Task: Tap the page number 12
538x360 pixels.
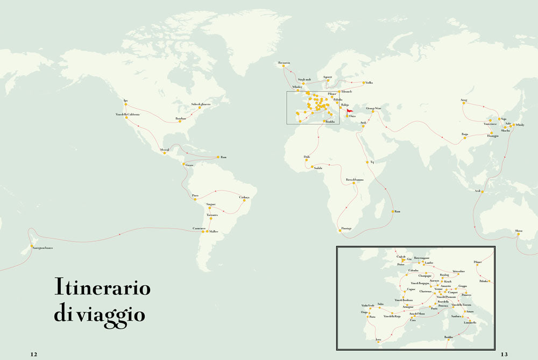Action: click(33, 354)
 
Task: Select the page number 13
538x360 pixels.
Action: click(504, 354)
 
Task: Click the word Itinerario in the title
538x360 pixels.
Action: click(102, 287)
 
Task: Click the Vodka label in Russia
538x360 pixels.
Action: click(369, 83)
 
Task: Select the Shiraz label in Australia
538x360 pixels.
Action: click(518, 230)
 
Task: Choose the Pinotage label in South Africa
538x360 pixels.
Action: click(346, 228)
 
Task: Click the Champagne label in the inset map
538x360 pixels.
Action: click(426, 276)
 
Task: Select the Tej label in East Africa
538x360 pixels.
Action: click(371, 162)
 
